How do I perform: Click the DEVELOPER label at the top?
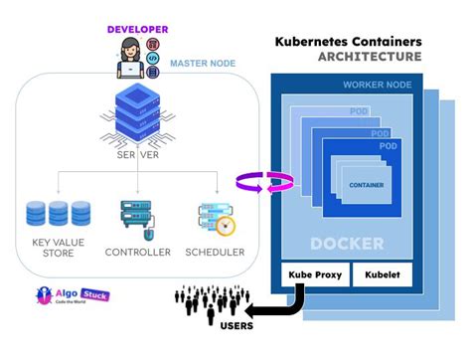(139, 30)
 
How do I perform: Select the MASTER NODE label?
(203, 63)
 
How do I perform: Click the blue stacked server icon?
(137, 112)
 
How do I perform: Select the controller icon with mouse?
(136, 218)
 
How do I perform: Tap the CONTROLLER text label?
(137, 252)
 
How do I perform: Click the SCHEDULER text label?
(215, 252)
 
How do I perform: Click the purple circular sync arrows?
(264, 182)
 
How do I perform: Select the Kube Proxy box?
(314, 273)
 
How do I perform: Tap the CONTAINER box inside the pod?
(367, 185)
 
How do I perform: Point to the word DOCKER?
(347, 243)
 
